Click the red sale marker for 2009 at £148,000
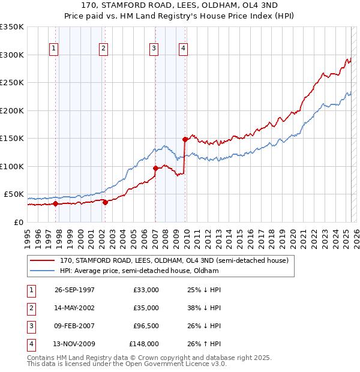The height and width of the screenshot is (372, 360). coord(185,139)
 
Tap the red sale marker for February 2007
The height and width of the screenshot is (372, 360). coord(155,168)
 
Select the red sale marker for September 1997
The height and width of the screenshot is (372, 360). coord(56,203)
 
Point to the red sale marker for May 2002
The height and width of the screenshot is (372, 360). coord(105,202)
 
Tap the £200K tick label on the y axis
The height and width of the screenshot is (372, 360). coord(12,110)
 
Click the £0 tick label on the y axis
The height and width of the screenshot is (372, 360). coord(20,222)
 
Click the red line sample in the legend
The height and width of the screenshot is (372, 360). coord(42,261)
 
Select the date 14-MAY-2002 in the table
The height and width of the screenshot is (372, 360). coord(74,308)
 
